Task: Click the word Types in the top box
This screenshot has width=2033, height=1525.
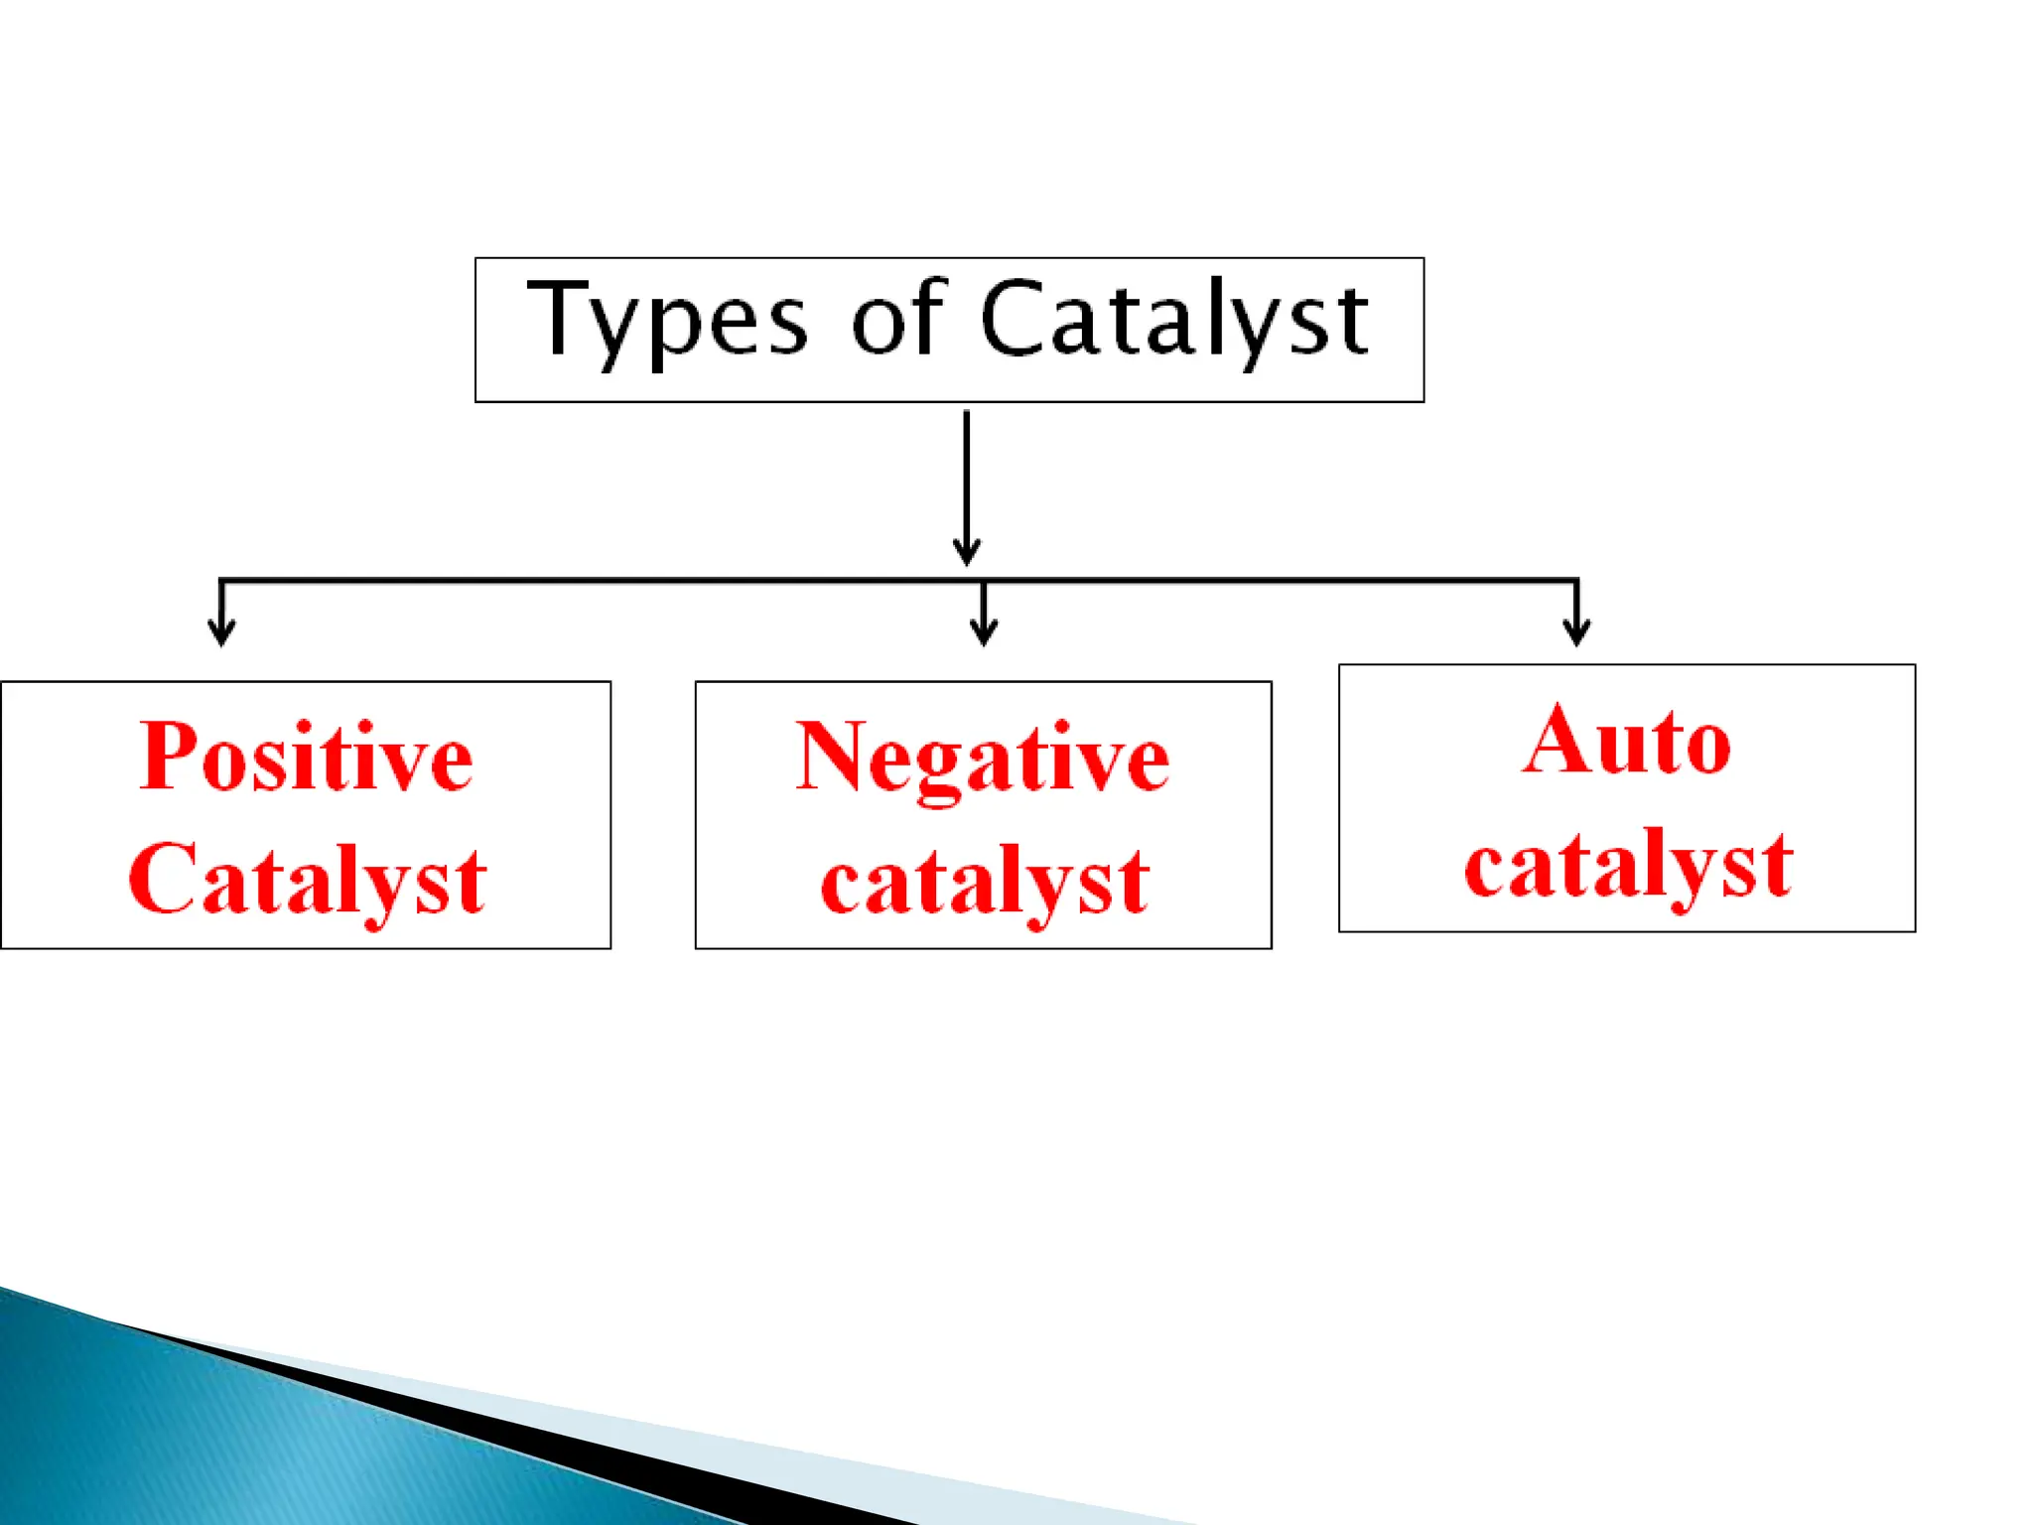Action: point(667,320)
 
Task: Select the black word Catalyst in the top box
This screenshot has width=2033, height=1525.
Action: point(1174,320)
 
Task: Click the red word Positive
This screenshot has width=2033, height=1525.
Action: point(306,758)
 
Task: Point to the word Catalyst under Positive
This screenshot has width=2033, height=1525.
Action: point(307,880)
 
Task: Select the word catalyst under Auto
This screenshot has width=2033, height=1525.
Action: point(1628,865)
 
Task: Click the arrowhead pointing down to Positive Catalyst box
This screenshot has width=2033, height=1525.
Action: point(221,632)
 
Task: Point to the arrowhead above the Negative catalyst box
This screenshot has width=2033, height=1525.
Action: point(983,632)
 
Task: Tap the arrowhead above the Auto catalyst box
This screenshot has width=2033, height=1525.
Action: point(1576,632)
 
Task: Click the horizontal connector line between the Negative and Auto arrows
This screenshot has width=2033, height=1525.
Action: point(1281,580)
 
